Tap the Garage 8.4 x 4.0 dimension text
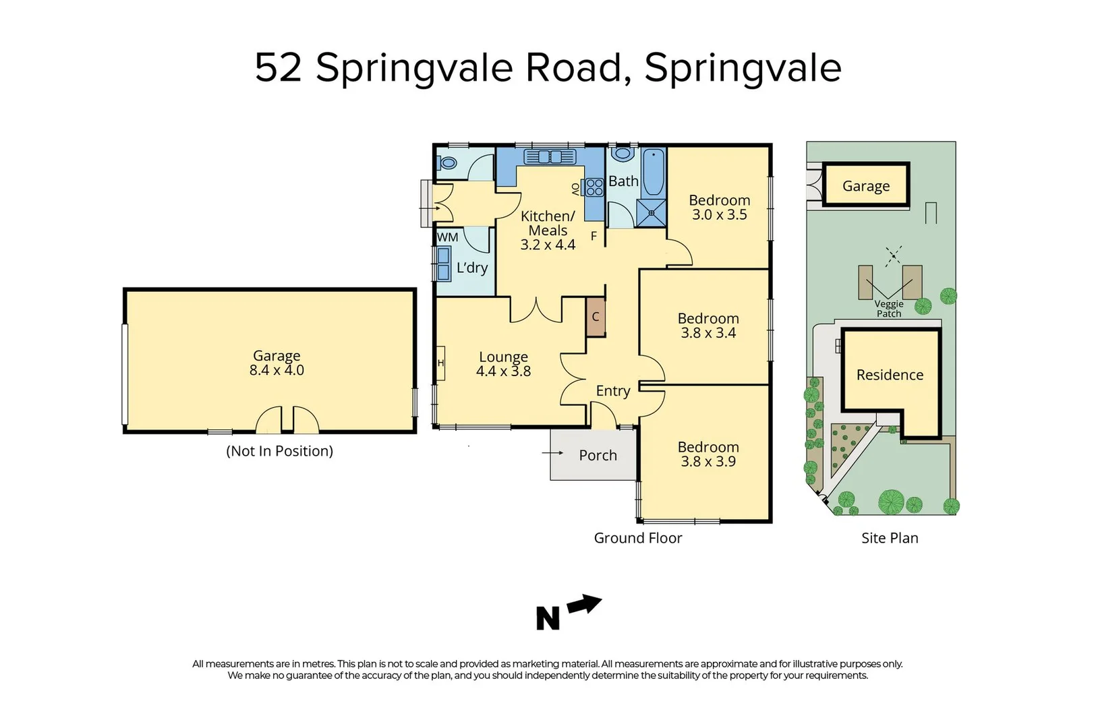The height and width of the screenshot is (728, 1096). tap(277, 370)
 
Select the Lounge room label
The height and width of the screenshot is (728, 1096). tap(503, 357)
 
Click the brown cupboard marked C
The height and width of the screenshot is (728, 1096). tap(596, 317)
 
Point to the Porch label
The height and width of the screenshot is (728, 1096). tap(598, 456)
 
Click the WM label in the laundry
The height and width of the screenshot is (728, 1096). tap(448, 237)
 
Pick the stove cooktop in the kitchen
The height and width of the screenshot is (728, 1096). tap(594, 187)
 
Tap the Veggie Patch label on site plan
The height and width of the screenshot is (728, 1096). tap(889, 309)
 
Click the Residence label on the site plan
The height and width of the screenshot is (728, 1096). tap(890, 375)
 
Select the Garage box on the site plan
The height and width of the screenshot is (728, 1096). tap(865, 186)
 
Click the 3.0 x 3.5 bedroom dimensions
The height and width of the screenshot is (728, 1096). tap(719, 215)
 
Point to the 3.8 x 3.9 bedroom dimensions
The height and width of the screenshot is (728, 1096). tap(708, 462)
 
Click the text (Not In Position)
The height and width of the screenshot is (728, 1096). tap(279, 451)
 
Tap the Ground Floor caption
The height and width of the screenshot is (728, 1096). tap(637, 538)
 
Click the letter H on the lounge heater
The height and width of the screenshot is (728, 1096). tap(440, 363)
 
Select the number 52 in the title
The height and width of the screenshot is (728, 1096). tap(278, 67)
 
